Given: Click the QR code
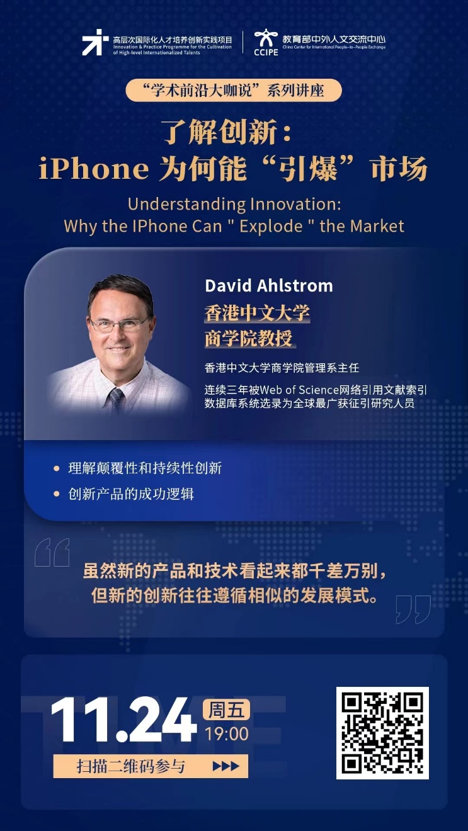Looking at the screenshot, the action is tap(382, 733).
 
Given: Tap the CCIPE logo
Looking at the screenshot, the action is tap(266, 42).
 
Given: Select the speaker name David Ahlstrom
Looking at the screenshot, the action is tap(269, 286).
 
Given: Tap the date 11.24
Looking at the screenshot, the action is tap(124, 720).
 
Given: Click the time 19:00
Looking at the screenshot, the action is tap(227, 734).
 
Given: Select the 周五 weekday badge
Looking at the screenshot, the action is tap(226, 710).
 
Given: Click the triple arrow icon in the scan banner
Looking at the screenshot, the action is tap(225, 766).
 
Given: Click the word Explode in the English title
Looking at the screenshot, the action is tap(271, 226).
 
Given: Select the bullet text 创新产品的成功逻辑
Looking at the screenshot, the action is tap(131, 494).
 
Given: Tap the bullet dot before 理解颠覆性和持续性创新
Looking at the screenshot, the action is tap(57, 468).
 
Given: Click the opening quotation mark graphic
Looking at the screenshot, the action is tap(52, 552).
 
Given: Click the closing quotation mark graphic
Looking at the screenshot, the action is tap(413, 609).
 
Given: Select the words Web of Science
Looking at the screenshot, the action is tap(299, 390).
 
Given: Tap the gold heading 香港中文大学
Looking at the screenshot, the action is tap(257, 313).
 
